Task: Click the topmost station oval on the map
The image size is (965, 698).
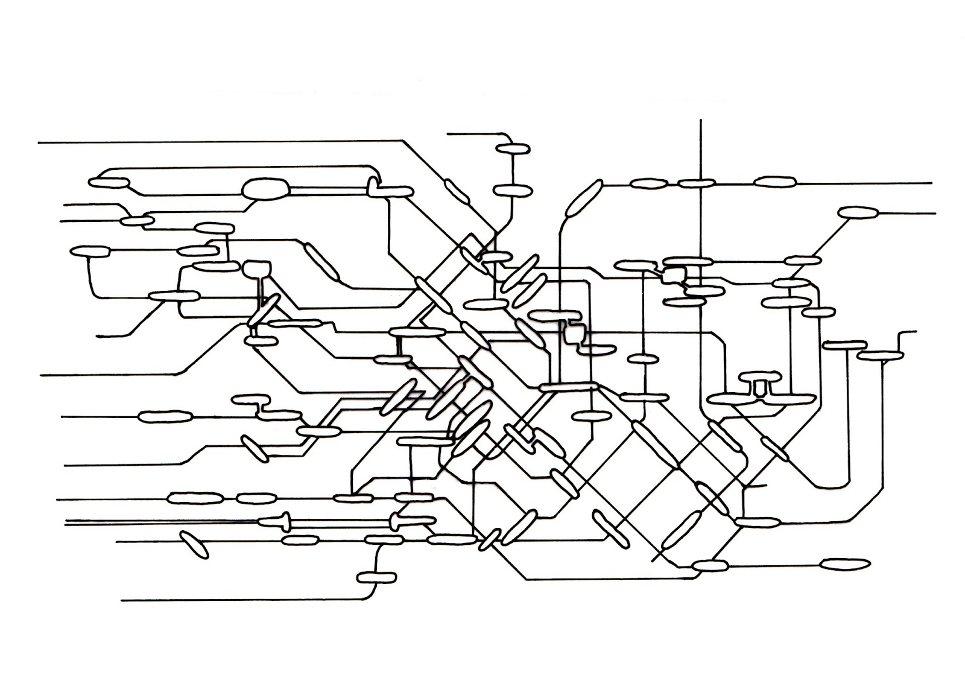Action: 512,148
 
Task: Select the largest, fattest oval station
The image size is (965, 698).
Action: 265,189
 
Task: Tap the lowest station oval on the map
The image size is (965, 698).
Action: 378,577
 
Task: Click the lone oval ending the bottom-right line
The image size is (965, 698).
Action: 846,564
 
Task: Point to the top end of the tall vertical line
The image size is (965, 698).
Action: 701,120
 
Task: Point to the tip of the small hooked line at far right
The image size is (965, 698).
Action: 915,331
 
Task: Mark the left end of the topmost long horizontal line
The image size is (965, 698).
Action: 39,143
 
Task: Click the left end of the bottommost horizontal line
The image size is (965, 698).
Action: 122,600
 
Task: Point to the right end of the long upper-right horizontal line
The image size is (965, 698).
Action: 931,182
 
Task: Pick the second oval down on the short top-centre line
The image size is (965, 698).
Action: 513,191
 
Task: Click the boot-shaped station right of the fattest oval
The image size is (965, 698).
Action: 386,188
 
